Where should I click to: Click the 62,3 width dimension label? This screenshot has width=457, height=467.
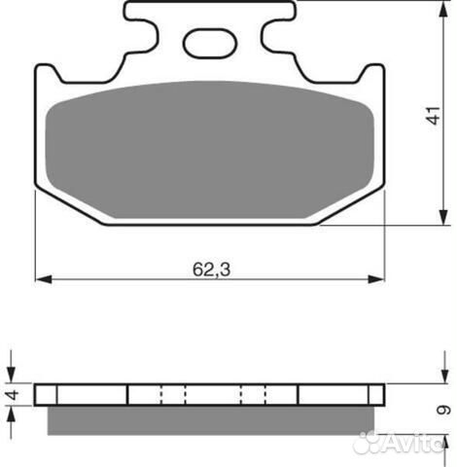(211, 269)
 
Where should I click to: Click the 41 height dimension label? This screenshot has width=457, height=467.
(434, 116)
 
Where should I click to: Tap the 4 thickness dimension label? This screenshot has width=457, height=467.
(14, 395)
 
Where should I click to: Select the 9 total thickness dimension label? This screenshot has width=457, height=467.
(443, 410)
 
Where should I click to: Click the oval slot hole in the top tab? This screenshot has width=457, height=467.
(210, 44)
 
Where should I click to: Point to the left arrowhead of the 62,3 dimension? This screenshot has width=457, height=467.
(44, 279)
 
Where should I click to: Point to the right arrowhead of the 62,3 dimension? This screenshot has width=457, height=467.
(376, 279)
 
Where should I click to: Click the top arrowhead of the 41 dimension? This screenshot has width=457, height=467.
(443, 13)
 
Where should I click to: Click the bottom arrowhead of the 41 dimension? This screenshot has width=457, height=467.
(443, 216)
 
